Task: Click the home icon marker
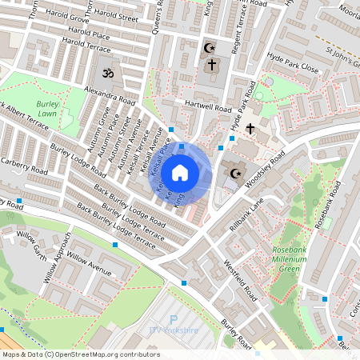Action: click(x=180, y=172)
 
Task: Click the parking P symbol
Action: click(x=174, y=319)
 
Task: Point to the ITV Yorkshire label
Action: click(x=174, y=330)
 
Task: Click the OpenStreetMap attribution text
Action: click(x=81, y=354)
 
